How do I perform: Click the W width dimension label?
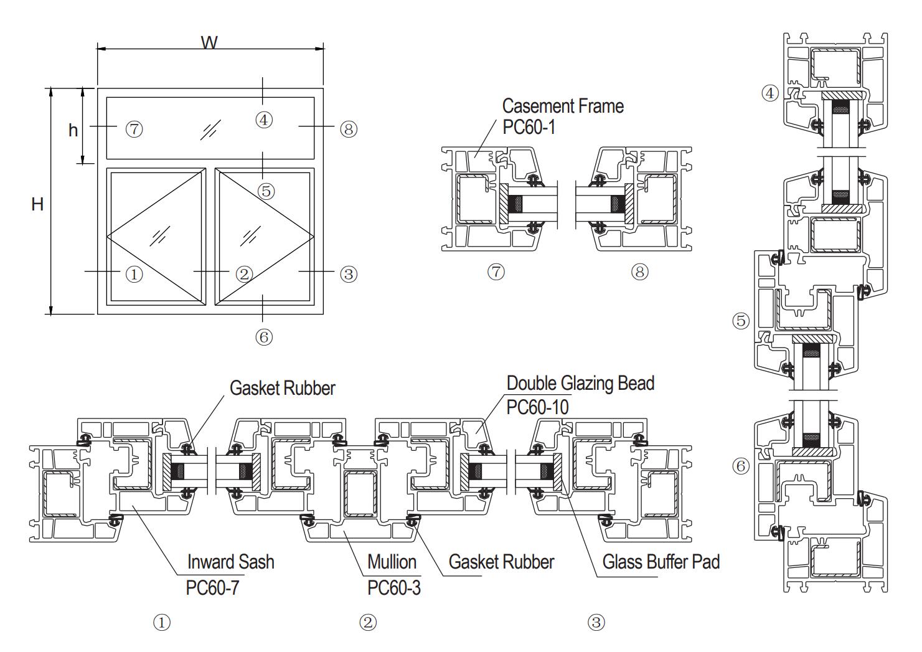pyautogui.click(x=209, y=43)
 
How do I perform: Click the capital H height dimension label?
pyautogui.click(x=37, y=204)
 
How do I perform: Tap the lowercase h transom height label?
pyautogui.click(x=73, y=130)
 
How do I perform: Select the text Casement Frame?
pyautogui.click(x=562, y=106)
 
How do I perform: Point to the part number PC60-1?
pyautogui.click(x=529, y=127)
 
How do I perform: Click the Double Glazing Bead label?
pyautogui.click(x=580, y=383)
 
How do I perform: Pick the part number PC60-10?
pyautogui.click(x=537, y=407)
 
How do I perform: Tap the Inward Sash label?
pyautogui.click(x=230, y=562)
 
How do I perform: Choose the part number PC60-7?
pyautogui.click(x=212, y=587)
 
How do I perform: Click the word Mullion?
pyautogui.click(x=392, y=562)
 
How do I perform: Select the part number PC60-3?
pyautogui.click(x=394, y=587)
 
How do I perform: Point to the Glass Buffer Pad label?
pyautogui.click(x=661, y=562)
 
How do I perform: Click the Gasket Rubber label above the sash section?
pyautogui.click(x=282, y=388)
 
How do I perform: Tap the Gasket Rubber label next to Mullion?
pyautogui.click(x=501, y=562)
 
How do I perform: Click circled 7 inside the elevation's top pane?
pyautogui.click(x=134, y=130)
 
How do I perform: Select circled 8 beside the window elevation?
pyautogui.click(x=349, y=130)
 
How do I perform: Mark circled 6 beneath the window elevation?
pyautogui.click(x=264, y=337)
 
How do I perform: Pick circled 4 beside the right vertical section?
pyautogui.click(x=770, y=93)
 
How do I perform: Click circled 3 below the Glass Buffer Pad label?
pyautogui.click(x=596, y=622)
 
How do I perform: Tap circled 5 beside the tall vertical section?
pyautogui.click(x=741, y=321)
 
